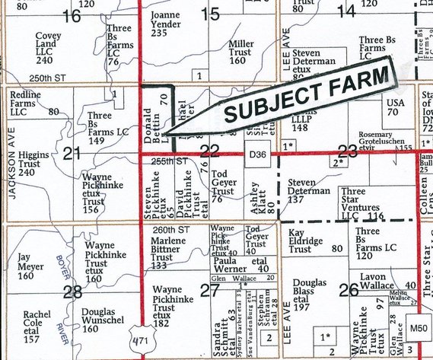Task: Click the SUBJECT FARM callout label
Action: (308, 94)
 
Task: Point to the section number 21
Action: (73, 155)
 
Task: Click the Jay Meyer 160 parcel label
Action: (31, 268)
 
